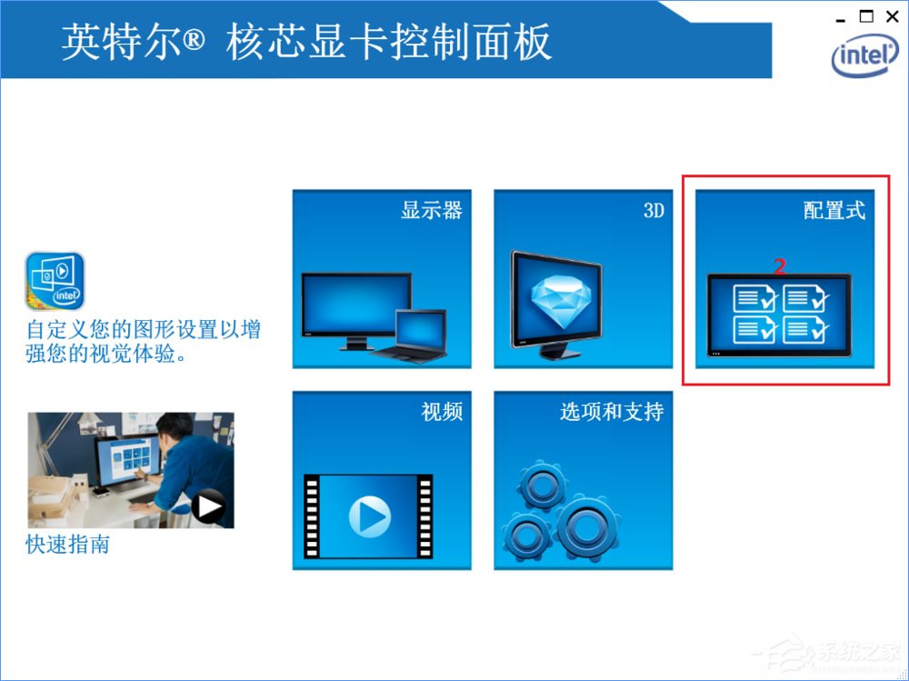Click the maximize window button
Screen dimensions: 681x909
(866, 15)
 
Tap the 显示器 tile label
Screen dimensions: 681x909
(432, 211)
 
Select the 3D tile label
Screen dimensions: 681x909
(654, 211)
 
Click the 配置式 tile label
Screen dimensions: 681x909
(834, 211)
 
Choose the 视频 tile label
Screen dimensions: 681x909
(442, 412)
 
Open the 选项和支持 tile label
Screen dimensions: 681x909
(612, 412)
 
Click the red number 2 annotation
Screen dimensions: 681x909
(779, 265)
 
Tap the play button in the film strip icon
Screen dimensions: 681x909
(369, 517)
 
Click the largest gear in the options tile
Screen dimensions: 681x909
(587, 526)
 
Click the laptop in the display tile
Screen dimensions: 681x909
(420, 335)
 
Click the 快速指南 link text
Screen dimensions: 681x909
(68, 546)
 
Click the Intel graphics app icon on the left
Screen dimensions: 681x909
(55, 281)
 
